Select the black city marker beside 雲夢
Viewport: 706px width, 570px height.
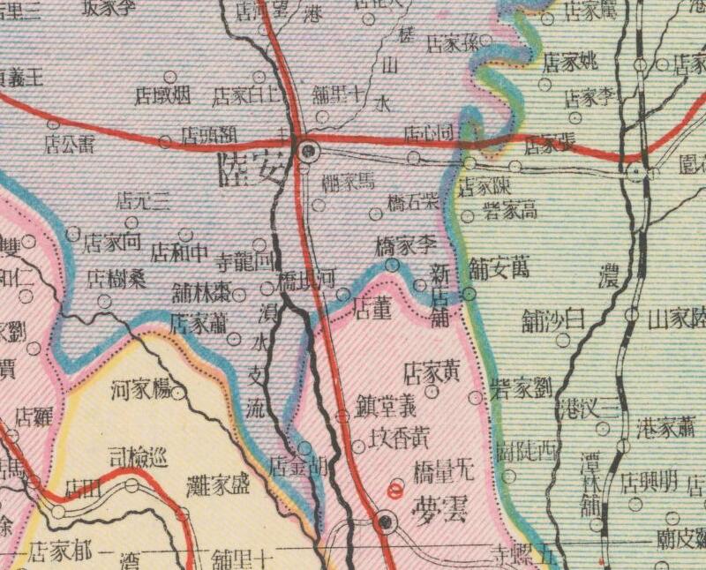point(384,522)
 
